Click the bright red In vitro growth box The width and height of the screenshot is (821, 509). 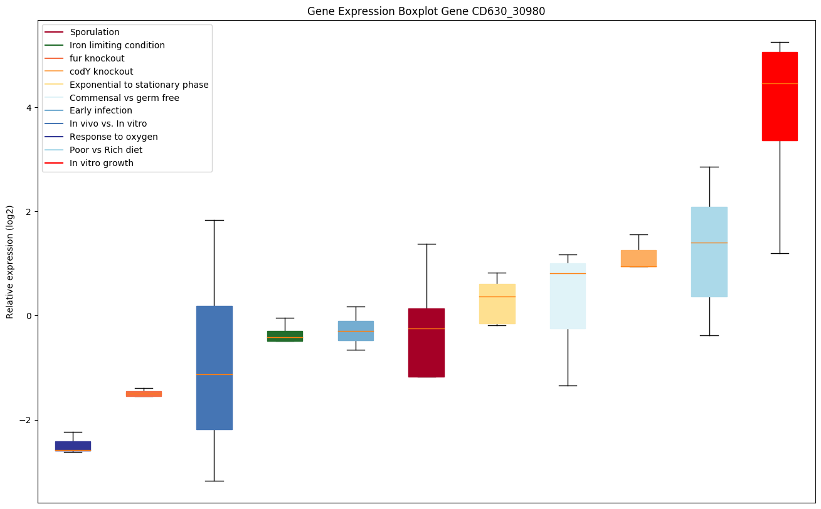(x=780, y=96)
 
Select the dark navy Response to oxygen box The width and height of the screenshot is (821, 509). (x=73, y=446)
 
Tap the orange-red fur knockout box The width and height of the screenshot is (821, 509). (x=144, y=394)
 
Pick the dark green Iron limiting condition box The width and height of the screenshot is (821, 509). (x=285, y=336)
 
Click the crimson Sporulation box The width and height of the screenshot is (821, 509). (x=426, y=342)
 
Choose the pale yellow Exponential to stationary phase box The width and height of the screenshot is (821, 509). (x=497, y=303)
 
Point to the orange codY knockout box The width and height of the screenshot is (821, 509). (x=638, y=258)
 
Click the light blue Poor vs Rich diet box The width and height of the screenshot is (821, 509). (x=709, y=251)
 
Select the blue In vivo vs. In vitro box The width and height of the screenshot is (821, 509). (x=215, y=367)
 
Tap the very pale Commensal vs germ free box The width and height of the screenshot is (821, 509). (x=568, y=296)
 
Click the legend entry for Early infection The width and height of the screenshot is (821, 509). (x=101, y=111)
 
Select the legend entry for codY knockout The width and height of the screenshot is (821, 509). (x=102, y=71)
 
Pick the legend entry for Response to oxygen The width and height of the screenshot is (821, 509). (x=114, y=137)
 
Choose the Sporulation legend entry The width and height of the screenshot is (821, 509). (x=95, y=32)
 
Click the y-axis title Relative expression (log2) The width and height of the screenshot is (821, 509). (x=9, y=261)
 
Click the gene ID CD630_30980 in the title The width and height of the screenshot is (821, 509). (x=502, y=11)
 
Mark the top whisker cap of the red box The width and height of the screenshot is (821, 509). (x=780, y=42)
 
